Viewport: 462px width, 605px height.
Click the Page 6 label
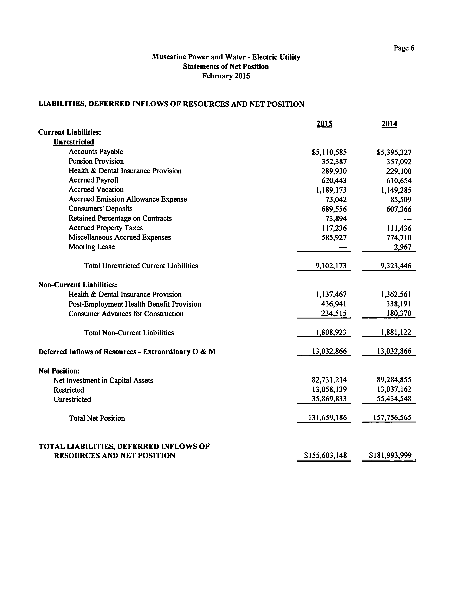point(404,48)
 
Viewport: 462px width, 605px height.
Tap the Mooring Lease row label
point(92,247)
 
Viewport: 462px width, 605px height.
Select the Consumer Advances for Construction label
point(126,314)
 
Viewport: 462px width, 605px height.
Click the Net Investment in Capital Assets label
point(103,380)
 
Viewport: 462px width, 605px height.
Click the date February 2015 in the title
point(226,76)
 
